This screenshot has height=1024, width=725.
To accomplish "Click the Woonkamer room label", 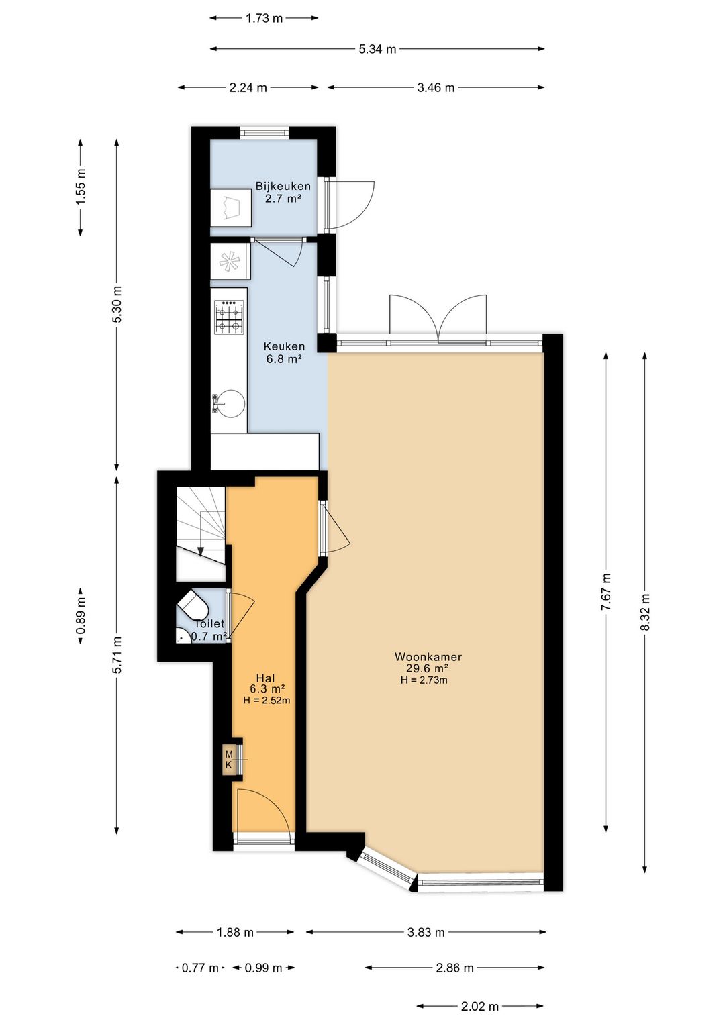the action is [x=428, y=657].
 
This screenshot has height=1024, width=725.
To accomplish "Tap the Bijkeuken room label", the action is [x=283, y=186].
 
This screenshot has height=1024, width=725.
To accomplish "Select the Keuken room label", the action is [x=284, y=346].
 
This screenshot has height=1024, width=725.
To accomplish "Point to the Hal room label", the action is [x=265, y=678].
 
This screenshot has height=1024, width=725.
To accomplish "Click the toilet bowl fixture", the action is [x=193, y=605].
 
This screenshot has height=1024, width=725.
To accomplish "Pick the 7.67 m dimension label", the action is [x=606, y=592].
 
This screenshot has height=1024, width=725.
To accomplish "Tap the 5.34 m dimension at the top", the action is [x=377, y=50].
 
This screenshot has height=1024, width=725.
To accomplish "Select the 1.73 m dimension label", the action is [x=264, y=19].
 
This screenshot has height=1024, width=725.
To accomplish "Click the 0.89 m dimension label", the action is [x=81, y=616].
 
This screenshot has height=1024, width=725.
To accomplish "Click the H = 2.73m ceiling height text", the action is [x=424, y=680].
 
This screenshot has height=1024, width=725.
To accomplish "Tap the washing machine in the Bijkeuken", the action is [x=230, y=208].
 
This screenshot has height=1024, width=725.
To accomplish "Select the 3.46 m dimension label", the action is [x=436, y=88].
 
